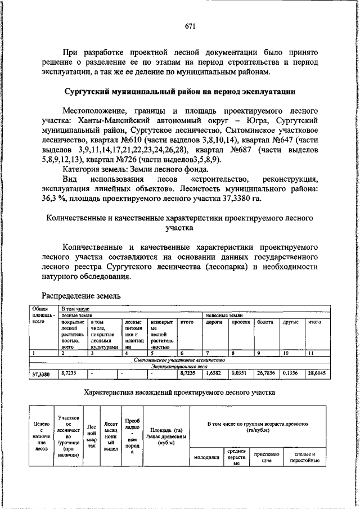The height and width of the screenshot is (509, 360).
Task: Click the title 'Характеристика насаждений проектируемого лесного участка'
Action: [x=179, y=392]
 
